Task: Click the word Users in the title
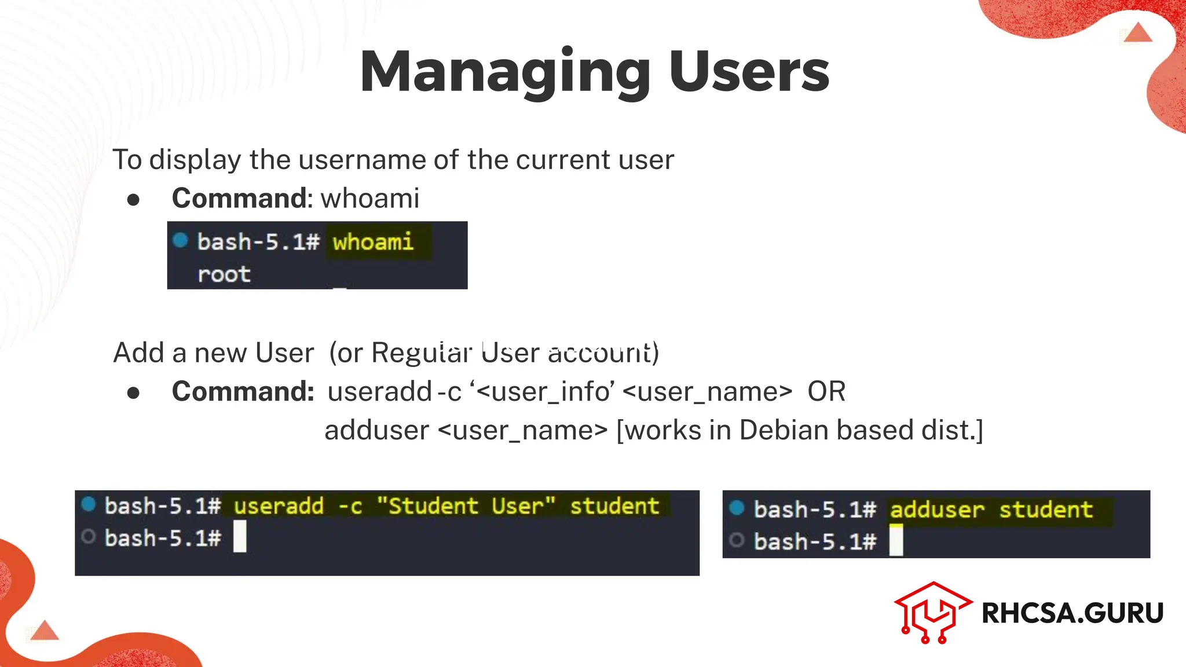coord(749,72)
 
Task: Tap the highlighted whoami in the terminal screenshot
coord(373,241)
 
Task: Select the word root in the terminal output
coord(224,274)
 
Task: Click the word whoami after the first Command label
coord(370,199)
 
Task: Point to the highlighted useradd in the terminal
coord(279,507)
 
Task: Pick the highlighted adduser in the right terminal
coord(936,510)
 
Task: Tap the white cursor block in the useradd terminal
coord(240,537)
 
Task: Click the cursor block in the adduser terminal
coord(896,541)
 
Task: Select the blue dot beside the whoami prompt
coord(180,240)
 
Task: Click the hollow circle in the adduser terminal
coord(737,541)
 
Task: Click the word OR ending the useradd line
coord(826,392)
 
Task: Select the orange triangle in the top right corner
coord(1138,34)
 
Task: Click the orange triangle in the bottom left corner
coord(45,631)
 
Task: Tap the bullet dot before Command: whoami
coord(133,200)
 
